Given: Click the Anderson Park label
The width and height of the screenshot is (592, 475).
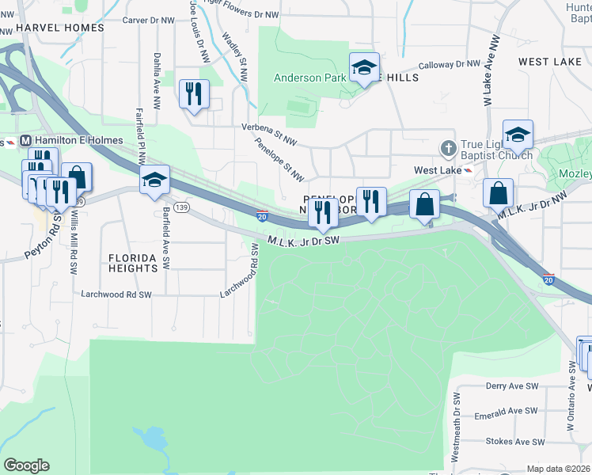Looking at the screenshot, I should coord(309,78).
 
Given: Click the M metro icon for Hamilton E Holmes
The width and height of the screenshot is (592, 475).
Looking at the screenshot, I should coord(26,140).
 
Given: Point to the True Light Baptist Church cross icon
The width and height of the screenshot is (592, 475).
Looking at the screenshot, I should coord(448,148).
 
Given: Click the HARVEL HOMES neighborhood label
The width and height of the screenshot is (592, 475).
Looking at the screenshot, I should coord(60,28).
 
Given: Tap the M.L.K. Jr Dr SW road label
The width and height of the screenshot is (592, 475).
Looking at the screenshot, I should coord(303,239).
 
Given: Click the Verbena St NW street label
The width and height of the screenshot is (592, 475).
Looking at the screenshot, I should coord(268,127).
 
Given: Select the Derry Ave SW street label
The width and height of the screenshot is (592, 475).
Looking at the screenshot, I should coord(511,386).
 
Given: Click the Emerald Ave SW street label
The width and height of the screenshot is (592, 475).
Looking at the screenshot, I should coord(507,411).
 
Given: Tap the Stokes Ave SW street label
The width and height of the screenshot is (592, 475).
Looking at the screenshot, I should coord(510,437).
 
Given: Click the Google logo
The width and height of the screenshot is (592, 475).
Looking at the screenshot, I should coord(26,465).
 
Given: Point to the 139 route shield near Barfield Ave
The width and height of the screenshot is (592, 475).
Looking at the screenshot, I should coord(182,207).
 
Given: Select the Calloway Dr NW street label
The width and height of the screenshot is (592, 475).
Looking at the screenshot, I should coord(449,64).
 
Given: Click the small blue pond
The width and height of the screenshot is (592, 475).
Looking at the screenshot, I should coord(148,437).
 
